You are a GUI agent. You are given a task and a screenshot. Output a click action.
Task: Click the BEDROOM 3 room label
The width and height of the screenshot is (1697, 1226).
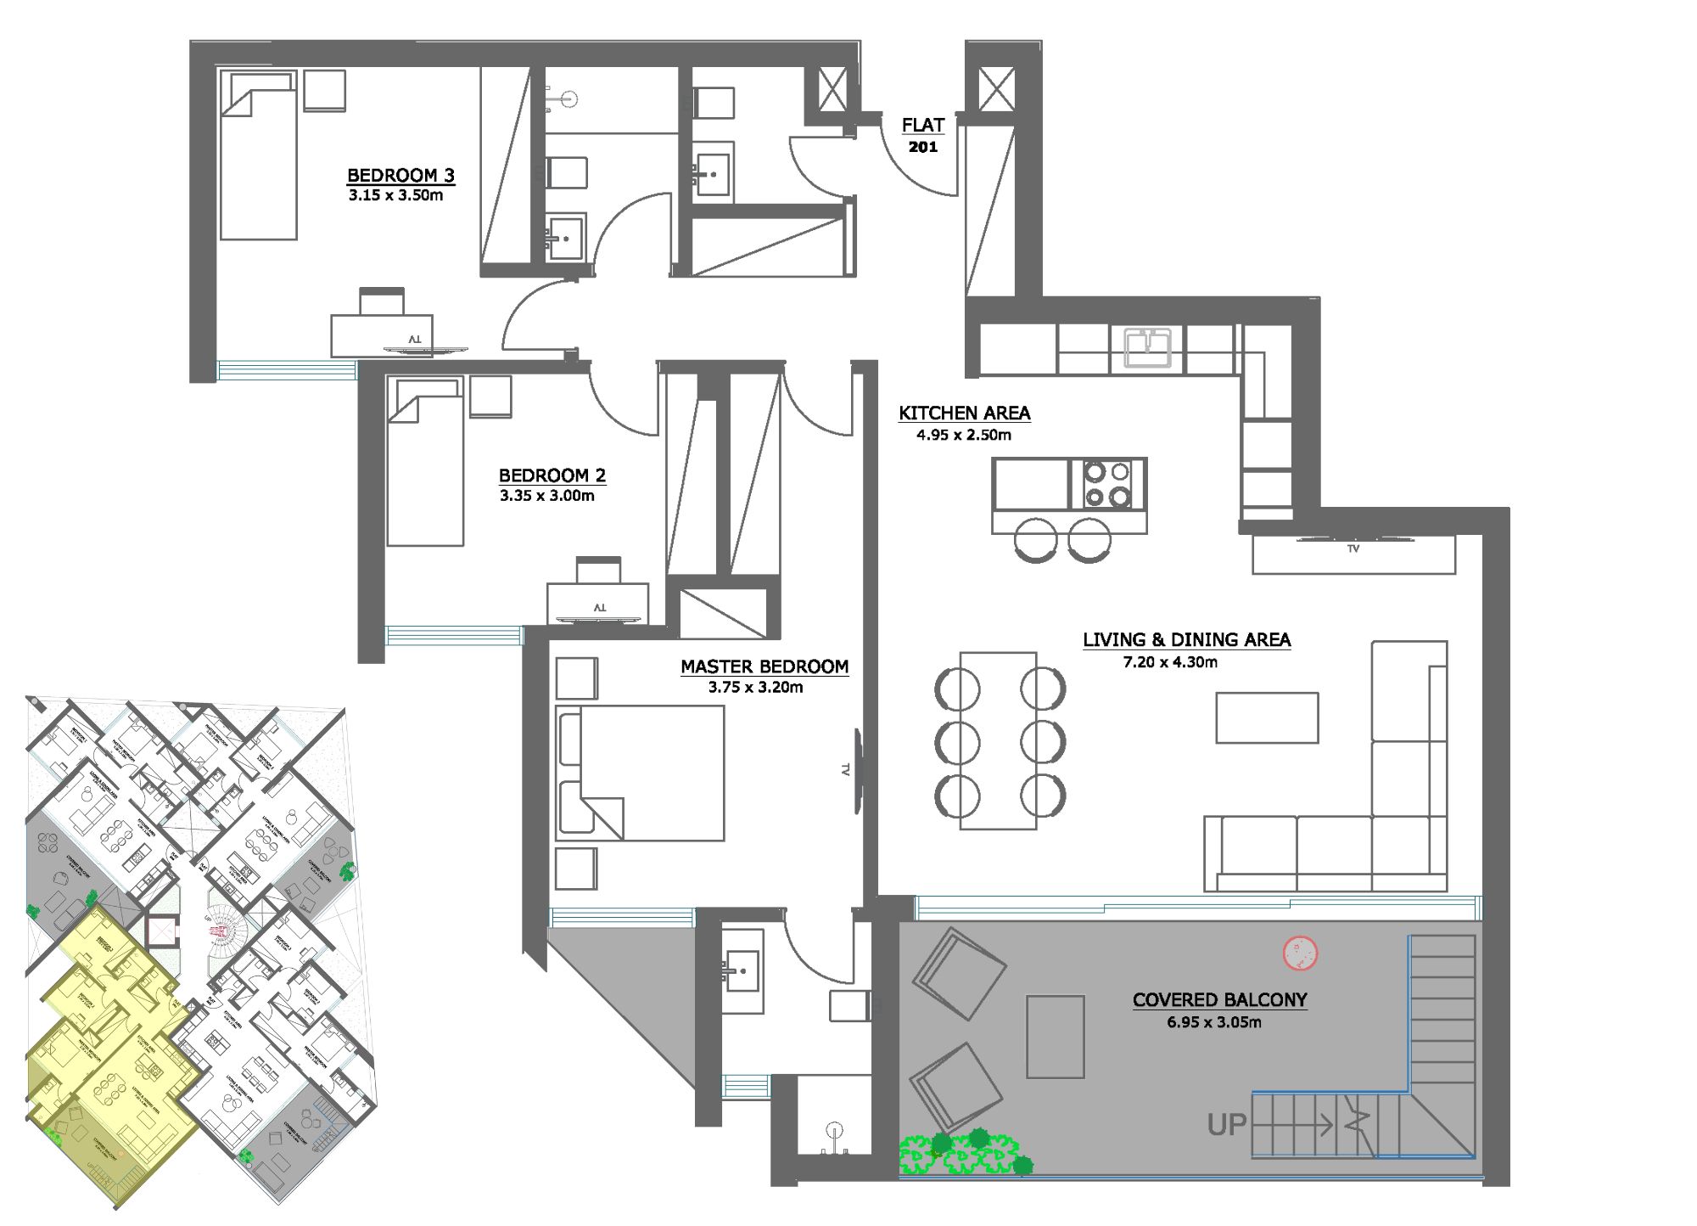click(400, 176)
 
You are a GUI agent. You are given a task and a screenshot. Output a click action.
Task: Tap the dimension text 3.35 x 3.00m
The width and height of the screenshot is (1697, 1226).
click(546, 496)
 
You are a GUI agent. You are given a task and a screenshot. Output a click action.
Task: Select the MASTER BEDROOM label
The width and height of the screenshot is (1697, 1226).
click(764, 667)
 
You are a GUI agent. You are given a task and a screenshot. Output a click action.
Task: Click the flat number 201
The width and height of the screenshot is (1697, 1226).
click(923, 147)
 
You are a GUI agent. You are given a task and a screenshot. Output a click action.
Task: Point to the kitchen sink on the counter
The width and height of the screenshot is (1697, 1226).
click(1147, 348)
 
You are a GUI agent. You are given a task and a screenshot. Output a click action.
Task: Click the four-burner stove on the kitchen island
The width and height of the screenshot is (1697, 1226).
click(1107, 484)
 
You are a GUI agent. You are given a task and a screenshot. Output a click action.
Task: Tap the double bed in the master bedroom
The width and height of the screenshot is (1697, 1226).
click(641, 773)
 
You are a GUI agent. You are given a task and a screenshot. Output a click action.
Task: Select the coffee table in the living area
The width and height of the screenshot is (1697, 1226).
click(1266, 718)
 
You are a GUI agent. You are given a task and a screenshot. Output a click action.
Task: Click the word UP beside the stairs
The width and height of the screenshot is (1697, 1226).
click(1226, 1126)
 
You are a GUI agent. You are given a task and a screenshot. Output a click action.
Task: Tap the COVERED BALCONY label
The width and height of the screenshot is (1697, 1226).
click(1219, 1000)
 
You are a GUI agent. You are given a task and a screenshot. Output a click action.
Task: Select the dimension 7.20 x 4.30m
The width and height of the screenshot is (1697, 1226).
click(1170, 662)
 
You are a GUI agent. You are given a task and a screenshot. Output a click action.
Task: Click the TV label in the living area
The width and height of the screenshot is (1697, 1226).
click(1353, 549)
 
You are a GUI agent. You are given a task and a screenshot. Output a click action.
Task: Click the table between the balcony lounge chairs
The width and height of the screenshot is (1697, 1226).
click(1055, 1037)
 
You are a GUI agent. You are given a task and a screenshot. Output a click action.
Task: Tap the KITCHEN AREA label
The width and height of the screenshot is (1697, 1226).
click(964, 413)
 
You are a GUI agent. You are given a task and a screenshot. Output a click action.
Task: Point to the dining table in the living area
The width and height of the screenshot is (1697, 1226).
click(998, 741)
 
